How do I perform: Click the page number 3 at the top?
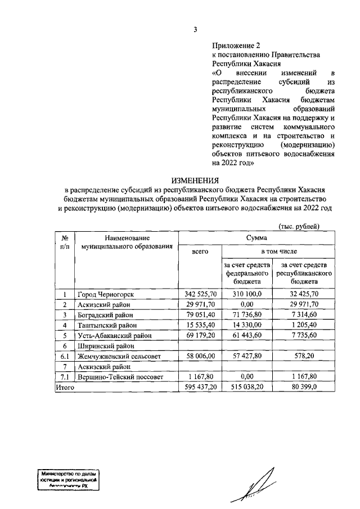(195, 29)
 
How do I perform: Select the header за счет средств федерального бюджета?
(247, 273)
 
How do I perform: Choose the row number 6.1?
(65, 357)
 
